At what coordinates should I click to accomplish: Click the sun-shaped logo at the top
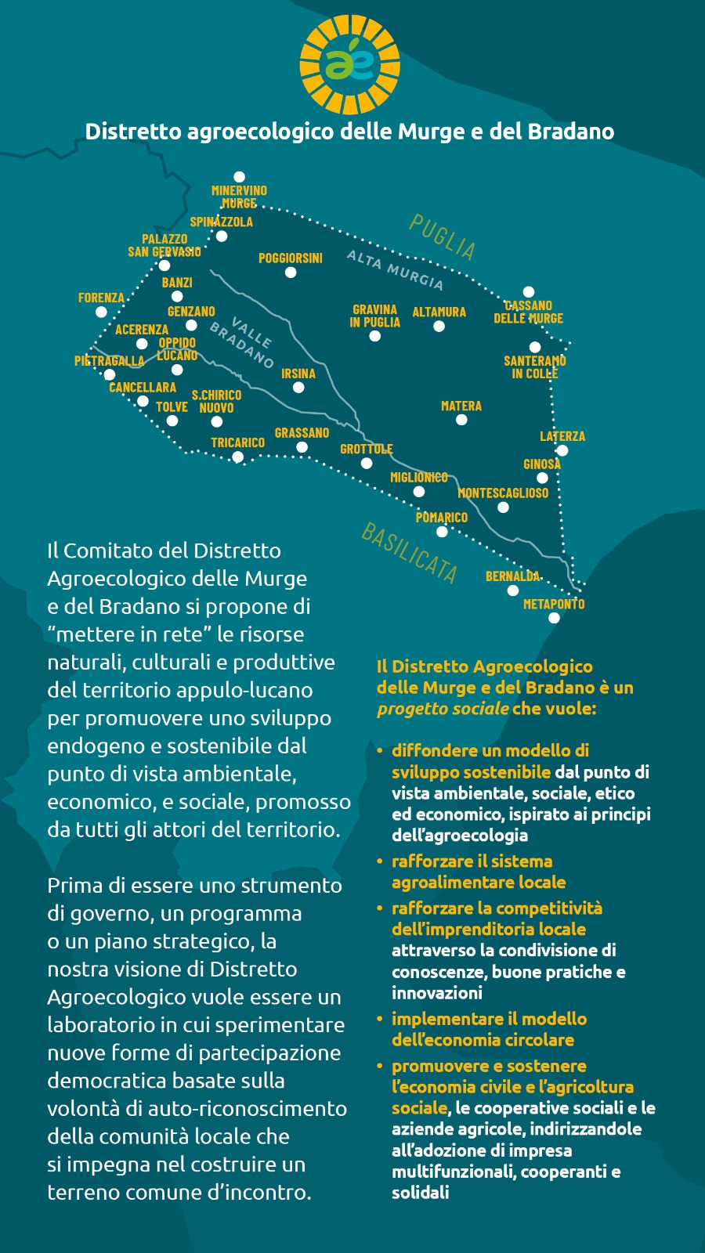350,65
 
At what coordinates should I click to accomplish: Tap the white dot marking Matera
461,420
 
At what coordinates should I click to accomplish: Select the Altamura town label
439,312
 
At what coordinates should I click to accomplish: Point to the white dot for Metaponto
554,618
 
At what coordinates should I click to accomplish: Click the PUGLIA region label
443,237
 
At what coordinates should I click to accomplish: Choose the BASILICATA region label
409,553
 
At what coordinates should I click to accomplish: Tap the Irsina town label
298,374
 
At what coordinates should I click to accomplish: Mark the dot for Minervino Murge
240,177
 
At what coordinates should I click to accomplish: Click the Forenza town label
101,298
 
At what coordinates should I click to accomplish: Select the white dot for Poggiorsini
291,273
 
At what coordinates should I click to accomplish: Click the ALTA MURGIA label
395,269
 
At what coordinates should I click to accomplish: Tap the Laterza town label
562,436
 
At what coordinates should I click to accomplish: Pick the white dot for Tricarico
237,457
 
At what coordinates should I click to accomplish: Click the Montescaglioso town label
503,493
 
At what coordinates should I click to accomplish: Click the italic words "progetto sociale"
443,709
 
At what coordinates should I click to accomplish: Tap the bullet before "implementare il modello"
380,1019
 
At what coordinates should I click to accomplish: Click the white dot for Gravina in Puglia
375,336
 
